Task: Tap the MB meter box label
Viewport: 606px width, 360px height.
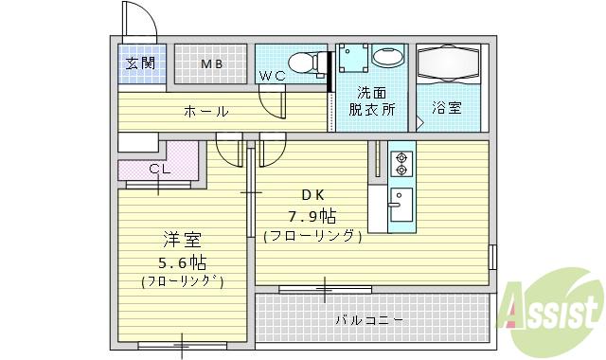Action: (210, 64)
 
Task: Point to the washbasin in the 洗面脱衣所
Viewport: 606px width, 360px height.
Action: (387, 57)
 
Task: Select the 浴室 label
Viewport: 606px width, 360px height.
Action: (447, 108)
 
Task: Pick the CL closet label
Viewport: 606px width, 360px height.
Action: (159, 169)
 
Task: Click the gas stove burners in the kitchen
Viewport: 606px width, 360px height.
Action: (400, 162)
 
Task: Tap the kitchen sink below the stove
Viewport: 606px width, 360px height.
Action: (399, 202)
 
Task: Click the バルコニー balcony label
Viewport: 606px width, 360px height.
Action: (369, 320)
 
